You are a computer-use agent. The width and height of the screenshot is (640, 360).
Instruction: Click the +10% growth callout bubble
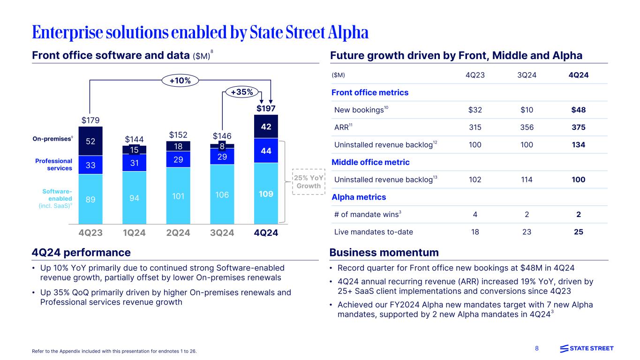(180, 81)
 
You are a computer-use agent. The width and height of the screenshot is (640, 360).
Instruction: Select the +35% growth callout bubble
(241, 92)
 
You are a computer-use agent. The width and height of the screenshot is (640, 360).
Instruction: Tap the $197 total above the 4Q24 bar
(266, 109)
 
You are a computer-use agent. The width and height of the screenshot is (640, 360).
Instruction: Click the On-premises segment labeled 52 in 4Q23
(90, 141)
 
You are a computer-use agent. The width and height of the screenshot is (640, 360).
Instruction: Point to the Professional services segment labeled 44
(266, 150)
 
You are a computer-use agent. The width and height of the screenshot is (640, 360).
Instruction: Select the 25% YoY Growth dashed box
(308, 182)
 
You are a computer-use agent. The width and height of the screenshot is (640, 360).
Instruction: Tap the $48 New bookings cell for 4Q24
(578, 110)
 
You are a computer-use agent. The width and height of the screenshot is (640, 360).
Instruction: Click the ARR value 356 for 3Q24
(527, 127)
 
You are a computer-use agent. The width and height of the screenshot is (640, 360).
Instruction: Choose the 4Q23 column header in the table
(474, 75)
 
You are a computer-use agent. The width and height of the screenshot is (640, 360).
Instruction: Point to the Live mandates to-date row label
(374, 232)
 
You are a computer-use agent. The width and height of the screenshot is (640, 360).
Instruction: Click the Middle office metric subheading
(370, 162)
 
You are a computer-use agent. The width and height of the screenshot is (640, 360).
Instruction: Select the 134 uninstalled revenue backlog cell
(579, 145)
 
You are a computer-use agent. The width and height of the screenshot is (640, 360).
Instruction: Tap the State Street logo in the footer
(587, 348)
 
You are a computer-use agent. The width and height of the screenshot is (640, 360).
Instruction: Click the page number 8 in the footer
(537, 349)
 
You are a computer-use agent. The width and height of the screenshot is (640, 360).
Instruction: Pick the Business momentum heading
(384, 253)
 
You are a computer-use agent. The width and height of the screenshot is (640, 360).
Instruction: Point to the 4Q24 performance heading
(81, 253)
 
